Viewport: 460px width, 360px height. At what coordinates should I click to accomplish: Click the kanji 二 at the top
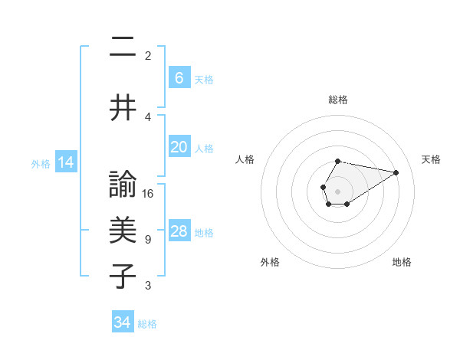point(123,47)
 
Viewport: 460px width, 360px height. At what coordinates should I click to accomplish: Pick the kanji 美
point(123,231)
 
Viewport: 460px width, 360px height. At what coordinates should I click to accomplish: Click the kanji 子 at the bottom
point(123,277)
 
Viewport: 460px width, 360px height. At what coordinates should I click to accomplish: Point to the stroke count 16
point(148,194)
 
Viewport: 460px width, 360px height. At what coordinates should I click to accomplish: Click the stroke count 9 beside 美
point(148,240)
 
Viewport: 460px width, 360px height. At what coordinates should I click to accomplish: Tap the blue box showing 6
point(179,78)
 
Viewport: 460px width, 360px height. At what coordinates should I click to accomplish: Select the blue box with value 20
point(179,147)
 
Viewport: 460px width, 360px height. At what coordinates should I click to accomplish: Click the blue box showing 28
point(179,231)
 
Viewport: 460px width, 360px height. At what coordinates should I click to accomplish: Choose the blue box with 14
point(65,162)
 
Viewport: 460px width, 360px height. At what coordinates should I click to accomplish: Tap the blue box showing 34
point(123,322)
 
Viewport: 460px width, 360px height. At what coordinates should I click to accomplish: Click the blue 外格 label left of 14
point(41,163)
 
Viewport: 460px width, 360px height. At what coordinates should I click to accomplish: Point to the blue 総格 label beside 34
point(147,324)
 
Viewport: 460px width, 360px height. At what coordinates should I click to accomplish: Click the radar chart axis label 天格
point(431,159)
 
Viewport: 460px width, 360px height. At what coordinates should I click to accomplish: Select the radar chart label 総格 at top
point(337,100)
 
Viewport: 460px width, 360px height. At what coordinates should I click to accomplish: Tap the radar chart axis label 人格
point(245,159)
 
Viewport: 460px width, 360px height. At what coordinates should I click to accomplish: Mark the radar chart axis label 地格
point(402,262)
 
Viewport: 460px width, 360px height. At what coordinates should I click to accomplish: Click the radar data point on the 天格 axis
point(396,172)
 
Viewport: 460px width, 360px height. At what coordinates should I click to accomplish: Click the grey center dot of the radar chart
point(337,190)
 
